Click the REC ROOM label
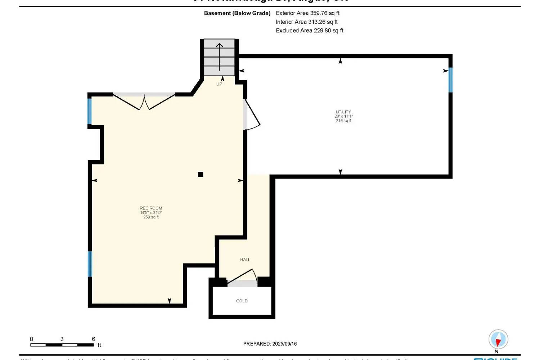[151, 208]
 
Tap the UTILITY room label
[343, 112]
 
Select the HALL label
[245, 260]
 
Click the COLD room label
[242, 301]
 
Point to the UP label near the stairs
[219, 84]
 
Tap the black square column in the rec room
[201, 175]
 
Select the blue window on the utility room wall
[450, 80]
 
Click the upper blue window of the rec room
[90, 111]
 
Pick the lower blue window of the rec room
[90, 264]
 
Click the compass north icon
[498, 339]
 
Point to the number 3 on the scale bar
[62, 339]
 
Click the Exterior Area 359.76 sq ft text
[308, 13]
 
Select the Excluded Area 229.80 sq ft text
[310, 31]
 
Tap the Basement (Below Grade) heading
[237, 13]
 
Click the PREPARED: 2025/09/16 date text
[270, 344]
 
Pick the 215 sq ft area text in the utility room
[343, 121]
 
